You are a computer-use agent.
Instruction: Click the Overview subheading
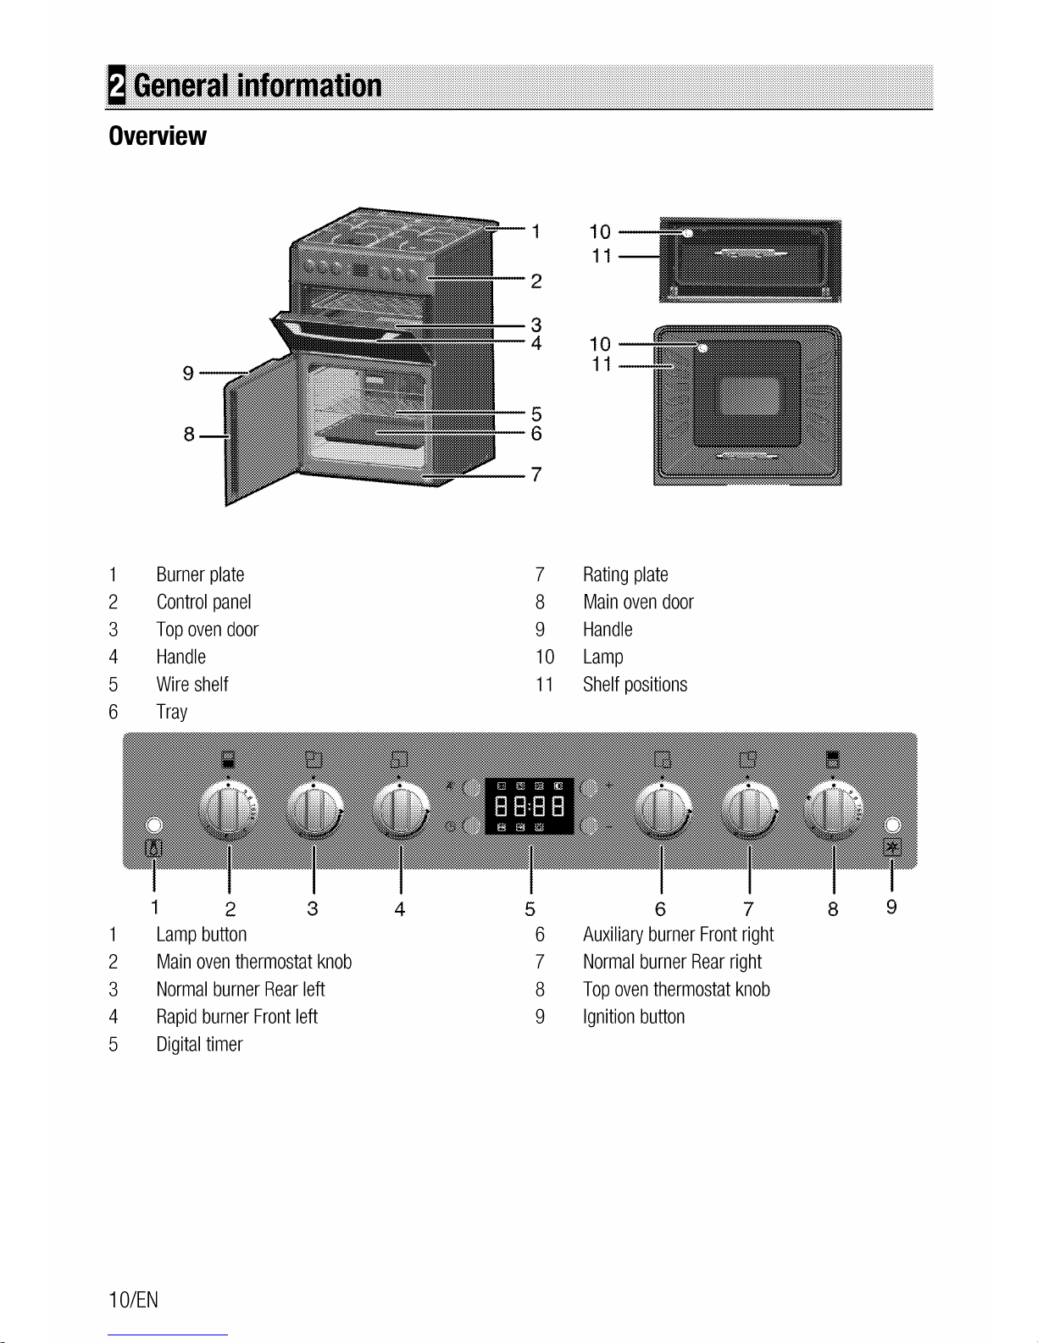click(x=158, y=136)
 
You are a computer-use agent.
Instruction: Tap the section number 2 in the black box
click(x=117, y=85)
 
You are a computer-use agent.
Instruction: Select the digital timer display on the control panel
click(x=530, y=806)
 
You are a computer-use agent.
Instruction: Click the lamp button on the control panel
click(x=154, y=825)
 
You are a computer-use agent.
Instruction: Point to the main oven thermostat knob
click(x=229, y=810)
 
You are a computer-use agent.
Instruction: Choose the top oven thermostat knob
click(x=834, y=810)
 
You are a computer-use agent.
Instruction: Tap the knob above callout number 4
click(x=400, y=810)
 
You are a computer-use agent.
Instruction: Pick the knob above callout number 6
click(x=663, y=810)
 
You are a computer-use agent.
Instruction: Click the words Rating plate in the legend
click(x=625, y=574)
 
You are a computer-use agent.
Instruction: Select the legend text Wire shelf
click(x=192, y=684)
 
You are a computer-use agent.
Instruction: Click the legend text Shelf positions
click(x=636, y=684)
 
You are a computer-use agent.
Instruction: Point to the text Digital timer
click(x=199, y=1044)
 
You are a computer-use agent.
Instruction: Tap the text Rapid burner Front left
click(x=236, y=1016)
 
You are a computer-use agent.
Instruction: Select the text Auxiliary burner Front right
click(x=678, y=934)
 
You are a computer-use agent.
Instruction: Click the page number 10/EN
click(x=134, y=1300)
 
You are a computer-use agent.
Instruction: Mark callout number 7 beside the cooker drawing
click(x=536, y=474)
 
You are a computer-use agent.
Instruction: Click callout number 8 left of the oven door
click(x=189, y=435)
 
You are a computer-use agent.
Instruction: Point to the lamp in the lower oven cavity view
click(x=702, y=348)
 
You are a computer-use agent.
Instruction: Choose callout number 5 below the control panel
click(x=530, y=908)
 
